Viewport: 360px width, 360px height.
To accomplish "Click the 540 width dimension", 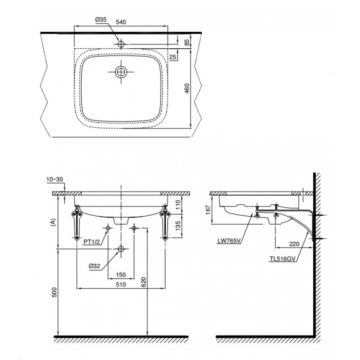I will (x=121, y=22).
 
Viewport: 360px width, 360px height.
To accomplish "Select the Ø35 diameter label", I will (x=101, y=21).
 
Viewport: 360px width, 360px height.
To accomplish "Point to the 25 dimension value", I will (x=173, y=57).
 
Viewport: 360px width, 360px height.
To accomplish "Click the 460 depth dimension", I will (x=186, y=88).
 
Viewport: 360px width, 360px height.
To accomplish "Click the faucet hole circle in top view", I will (x=121, y=44).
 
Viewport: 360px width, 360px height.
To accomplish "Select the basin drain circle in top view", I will (x=121, y=72).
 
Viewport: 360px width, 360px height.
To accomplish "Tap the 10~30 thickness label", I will (x=54, y=179).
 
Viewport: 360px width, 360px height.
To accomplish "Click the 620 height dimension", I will (x=143, y=282).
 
